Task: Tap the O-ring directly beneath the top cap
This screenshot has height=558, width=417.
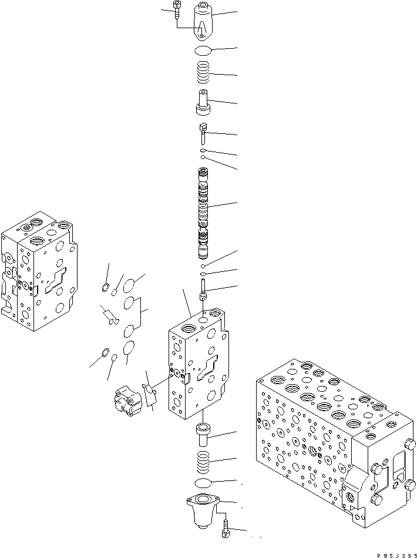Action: [x=203, y=51]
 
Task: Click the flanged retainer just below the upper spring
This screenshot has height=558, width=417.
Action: [x=203, y=102]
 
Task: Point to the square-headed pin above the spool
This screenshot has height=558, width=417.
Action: [x=203, y=132]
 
